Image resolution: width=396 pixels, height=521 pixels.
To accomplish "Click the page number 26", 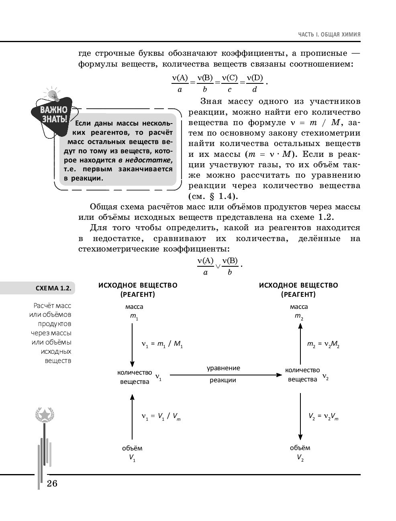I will [52, 483].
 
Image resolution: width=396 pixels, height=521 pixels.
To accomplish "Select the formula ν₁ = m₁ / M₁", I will [162, 344].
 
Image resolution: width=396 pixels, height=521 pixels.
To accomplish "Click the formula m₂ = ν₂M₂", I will [323, 344].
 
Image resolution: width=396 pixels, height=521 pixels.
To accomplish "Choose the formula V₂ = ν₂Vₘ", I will [323, 417].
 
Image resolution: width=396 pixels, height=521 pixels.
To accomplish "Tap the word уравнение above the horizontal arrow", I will [223, 368].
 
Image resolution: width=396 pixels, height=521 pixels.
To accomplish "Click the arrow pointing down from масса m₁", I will [132, 343].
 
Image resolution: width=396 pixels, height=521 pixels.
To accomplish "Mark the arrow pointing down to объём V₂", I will [300, 417].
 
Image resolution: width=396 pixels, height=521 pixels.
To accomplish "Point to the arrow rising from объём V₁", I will [132, 417].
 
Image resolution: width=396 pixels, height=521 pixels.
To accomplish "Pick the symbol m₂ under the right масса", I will [299, 316].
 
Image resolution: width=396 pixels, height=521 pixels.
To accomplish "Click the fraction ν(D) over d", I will [255, 83].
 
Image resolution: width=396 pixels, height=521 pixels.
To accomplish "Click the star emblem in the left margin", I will [45, 414].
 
